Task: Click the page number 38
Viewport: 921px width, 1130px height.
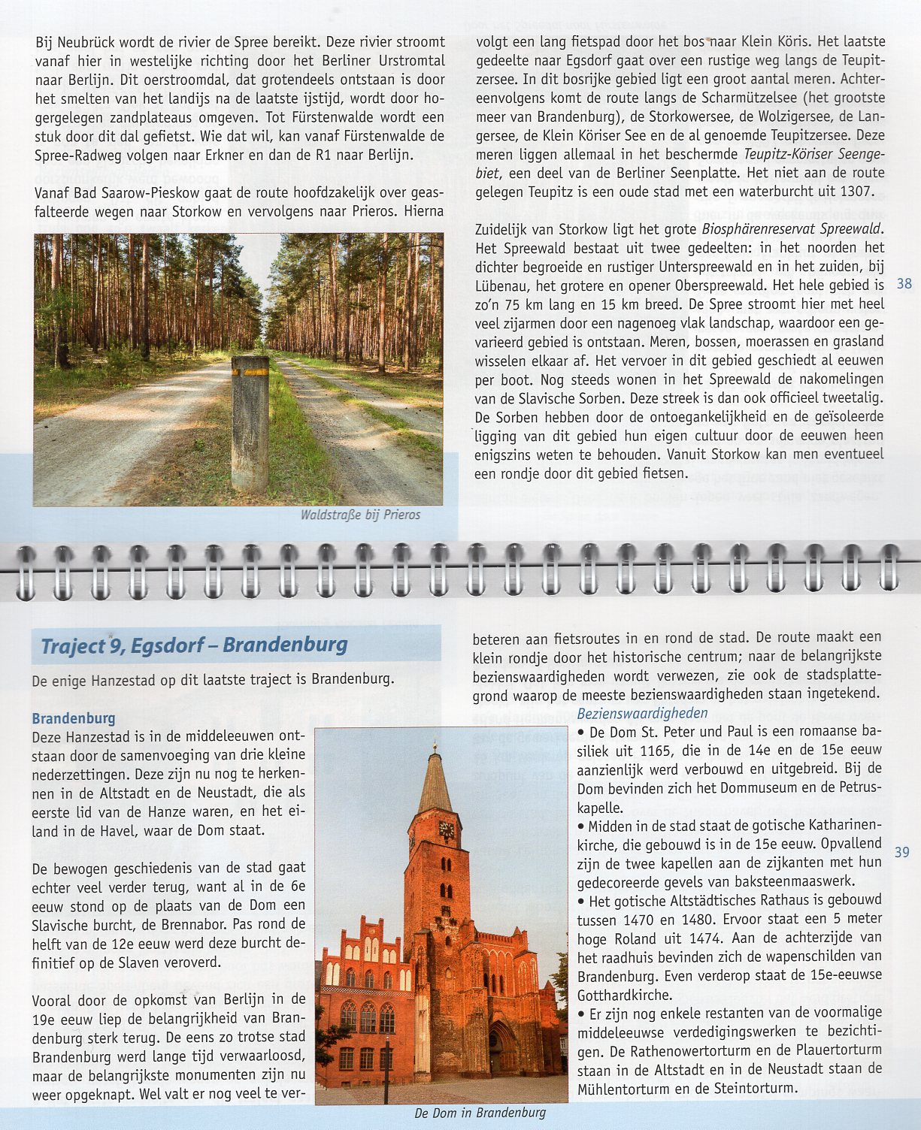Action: (904, 284)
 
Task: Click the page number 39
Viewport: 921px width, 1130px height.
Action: (902, 851)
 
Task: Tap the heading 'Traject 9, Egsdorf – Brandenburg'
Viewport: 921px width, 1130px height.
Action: (194, 645)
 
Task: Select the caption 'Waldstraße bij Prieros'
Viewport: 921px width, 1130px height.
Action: (360, 515)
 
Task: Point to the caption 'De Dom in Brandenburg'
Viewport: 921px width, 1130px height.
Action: (480, 1113)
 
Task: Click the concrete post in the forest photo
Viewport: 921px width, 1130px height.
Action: (250, 425)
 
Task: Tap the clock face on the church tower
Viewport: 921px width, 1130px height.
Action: (446, 829)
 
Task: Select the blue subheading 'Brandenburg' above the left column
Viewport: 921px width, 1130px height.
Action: (74, 718)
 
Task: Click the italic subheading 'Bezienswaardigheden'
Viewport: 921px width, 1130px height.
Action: (642, 713)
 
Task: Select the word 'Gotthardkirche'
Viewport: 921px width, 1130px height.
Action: (624, 995)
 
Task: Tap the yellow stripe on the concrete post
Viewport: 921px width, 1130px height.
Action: (250, 371)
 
